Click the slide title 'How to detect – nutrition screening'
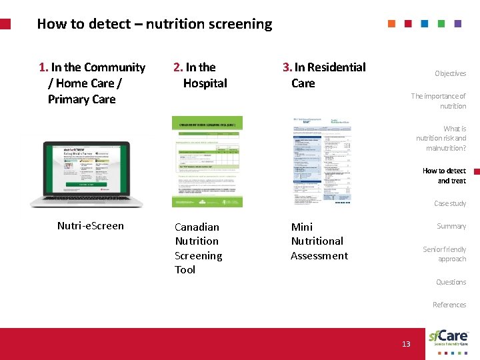[155, 24]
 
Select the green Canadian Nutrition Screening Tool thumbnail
[207, 161]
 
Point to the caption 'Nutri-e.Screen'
[91, 226]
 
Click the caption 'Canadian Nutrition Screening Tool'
[198, 248]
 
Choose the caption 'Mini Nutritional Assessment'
[319, 241]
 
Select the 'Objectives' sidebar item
[450, 73]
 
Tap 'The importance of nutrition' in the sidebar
[439, 101]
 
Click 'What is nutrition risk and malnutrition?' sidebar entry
[441, 138]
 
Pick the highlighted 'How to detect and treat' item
[444, 176]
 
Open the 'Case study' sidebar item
[450, 203]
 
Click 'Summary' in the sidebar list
[451, 226]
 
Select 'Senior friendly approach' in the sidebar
[445, 254]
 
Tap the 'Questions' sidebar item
[451, 282]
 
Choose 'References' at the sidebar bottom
[449, 305]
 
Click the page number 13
[406, 344]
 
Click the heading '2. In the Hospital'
[200, 75]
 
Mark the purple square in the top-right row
[457, 23]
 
